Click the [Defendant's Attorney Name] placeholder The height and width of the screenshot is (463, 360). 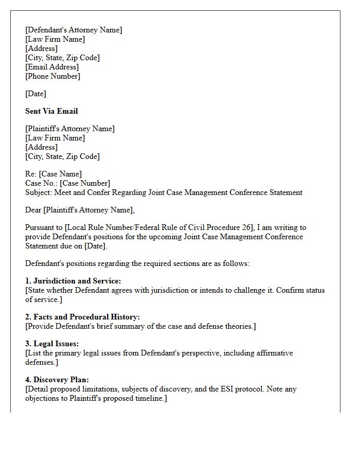[74, 30]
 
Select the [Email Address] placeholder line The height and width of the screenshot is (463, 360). [52, 67]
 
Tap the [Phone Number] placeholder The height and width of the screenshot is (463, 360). [52, 76]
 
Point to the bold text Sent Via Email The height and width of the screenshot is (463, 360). [51, 111]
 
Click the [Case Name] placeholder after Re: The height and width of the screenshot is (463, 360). [60, 174]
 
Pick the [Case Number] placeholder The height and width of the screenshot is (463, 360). [85, 183]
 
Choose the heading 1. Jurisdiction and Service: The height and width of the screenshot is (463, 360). [73, 281]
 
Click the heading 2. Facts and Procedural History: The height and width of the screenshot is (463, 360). [82, 317]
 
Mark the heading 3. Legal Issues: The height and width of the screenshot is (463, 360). [52, 344]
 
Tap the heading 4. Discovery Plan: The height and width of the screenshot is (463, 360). [57, 380]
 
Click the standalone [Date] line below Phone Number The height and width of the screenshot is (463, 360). [35, 94]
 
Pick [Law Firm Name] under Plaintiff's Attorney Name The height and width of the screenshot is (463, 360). [55, 138]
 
